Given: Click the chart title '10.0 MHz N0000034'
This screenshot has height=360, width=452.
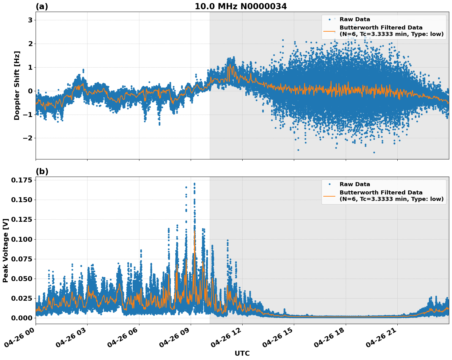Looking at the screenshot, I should [241, 6].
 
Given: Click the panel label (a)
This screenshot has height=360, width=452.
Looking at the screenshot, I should [42, 6].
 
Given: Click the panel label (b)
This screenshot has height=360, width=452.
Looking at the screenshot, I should [42, 171].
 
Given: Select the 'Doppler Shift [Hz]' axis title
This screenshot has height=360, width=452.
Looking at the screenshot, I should [17, 85].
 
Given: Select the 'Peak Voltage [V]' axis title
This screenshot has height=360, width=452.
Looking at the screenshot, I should [5, 250].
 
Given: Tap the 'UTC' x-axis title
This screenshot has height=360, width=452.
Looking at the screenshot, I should [242, 353].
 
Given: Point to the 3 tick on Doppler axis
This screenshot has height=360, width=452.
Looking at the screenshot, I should [30, 20].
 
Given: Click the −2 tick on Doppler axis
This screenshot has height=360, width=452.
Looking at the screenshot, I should [28, 138].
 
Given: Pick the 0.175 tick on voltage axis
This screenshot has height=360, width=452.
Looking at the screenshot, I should [21, 180].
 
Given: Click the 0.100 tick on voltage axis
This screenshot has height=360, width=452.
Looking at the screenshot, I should [21, 239].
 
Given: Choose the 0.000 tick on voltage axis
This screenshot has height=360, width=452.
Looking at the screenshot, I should [21, 318].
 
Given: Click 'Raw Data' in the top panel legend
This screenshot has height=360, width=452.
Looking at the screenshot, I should [355, 20].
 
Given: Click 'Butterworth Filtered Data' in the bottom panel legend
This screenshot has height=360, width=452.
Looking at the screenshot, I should [381, 193].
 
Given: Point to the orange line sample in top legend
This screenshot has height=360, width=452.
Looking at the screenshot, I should [329, 31].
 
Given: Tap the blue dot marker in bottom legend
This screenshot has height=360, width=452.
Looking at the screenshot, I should [329, 184].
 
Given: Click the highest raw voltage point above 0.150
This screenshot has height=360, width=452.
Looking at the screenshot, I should [194, 184].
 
